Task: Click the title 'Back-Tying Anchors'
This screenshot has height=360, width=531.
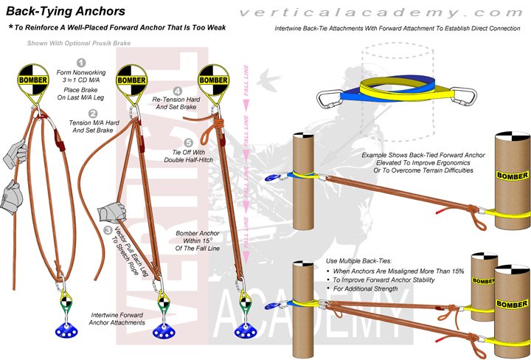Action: tap(66, 11)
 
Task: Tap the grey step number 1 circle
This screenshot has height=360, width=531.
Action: tap(81, 63)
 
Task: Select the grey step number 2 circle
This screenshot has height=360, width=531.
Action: tap(93, 113)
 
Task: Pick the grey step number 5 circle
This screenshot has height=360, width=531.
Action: tap(189, 143)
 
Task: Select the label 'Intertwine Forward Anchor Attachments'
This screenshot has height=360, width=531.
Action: tap(111, 318)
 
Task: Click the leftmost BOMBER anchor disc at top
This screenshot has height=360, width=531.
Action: tap(33, 80)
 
